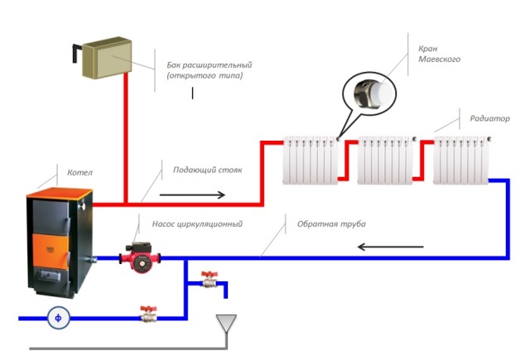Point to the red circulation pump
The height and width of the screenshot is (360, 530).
(x=137, y=256)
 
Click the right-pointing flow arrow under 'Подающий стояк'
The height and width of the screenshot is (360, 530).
(x=191, y=195)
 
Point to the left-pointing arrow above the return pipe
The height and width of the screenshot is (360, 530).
(x=389, y=245)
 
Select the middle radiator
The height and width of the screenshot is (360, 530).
(x=383, y=161)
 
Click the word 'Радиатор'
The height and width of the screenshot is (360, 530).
(x=489, y=118)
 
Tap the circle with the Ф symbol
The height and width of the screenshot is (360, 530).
(x=57, y=317)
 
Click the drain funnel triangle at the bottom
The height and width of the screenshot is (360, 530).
(x=224, y=319)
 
